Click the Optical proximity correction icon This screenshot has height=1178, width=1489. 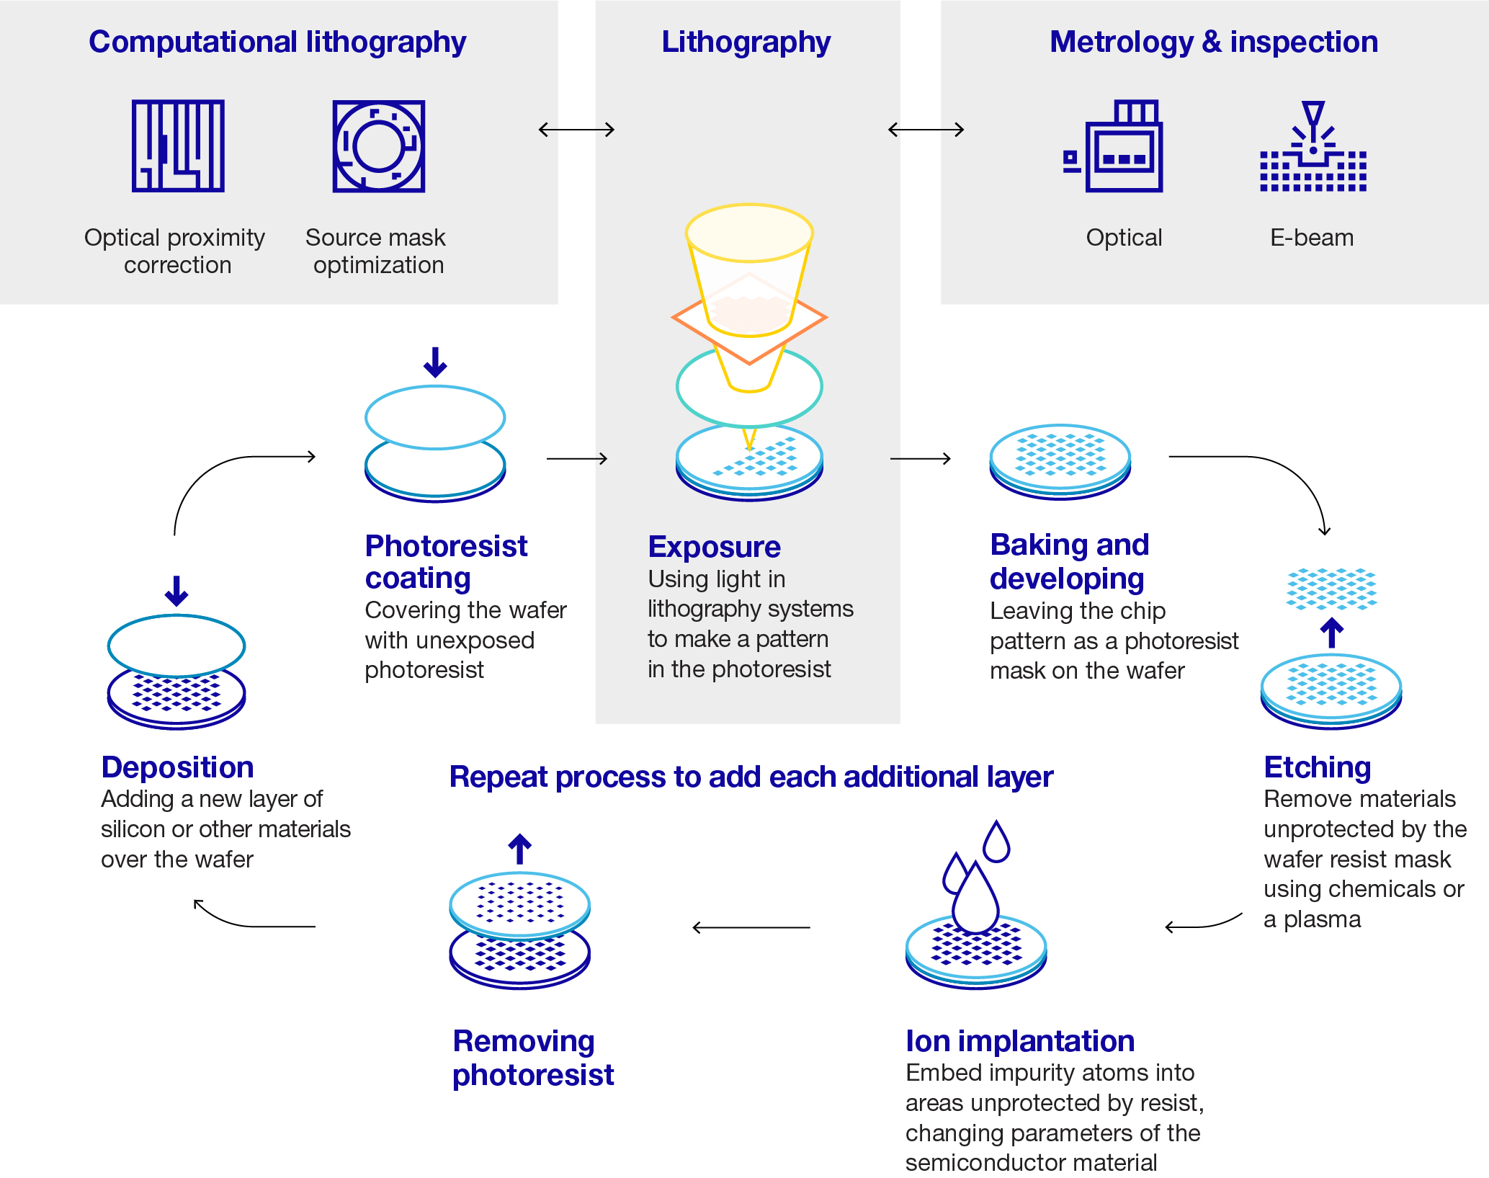(178, 146)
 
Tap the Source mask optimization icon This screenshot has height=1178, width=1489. (378, 146)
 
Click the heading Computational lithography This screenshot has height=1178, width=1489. (277, 42)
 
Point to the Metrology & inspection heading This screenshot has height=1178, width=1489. (1213, 42)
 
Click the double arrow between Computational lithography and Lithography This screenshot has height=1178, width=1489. (576, 130)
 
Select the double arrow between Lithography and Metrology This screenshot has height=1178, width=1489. (926, 130)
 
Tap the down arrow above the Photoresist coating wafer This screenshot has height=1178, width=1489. (435, 362)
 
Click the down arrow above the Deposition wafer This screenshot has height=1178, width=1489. (176, 590)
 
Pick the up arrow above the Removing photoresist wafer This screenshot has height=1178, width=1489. (519, 849)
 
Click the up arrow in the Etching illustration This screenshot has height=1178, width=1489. (1331, 633)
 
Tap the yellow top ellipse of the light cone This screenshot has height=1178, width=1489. (749, 232)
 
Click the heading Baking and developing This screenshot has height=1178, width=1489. (1068, 561)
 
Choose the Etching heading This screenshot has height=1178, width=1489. (1317, 767)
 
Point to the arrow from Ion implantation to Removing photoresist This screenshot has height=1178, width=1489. (751, 927)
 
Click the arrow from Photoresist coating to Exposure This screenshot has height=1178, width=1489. (576, 458)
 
